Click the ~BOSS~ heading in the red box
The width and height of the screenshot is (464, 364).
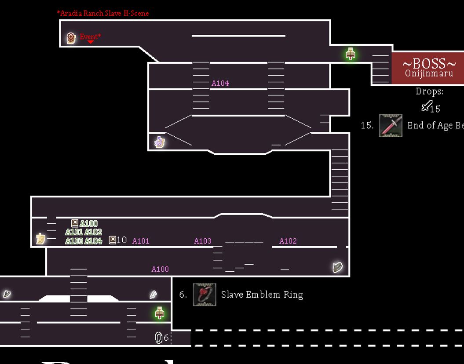(429, 64)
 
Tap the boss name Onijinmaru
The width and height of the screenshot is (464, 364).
(429, 73)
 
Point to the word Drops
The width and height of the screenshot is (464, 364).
(429, 91)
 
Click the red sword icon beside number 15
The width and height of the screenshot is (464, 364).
(391, 125)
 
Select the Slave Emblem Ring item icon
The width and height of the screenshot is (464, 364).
(205, 294)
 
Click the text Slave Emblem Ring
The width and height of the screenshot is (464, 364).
(262, 295)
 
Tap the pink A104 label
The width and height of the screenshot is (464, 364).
(220, 84)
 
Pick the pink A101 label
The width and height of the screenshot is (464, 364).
(141, 241)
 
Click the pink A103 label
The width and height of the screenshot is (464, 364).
(203, 241)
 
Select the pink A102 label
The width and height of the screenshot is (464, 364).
(288, 241)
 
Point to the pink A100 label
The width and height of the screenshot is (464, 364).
(160, 269)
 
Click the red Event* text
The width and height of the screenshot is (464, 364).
(90, 36)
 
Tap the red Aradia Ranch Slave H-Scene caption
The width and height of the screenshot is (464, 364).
(103, 13)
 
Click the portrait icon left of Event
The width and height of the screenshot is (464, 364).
(71, 38)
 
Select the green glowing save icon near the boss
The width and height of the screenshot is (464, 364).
(350, 54)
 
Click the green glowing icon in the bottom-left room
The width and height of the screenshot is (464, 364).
(160, 313)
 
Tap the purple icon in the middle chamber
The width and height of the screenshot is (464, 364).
(159, 142)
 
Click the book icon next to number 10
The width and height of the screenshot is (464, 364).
(113, 240)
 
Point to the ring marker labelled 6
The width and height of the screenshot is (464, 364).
(159, 338)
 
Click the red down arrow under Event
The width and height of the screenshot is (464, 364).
(91, 42)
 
